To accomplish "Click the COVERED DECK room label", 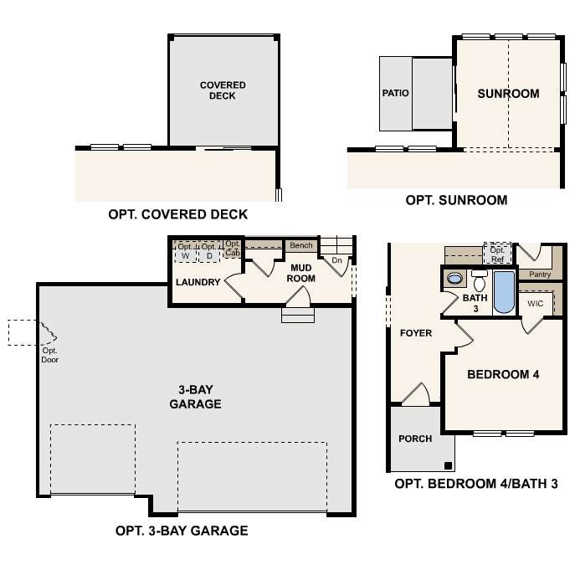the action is [223, 90].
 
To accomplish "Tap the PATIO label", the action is [395, 93].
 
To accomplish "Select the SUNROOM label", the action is [508, 94].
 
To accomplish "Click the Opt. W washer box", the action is [186, 251].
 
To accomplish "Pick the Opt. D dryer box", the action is [209, 251].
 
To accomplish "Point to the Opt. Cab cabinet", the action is [233, 249].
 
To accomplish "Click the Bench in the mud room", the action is [301, 245].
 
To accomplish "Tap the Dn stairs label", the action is [336, 260].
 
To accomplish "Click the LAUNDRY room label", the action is [198, 282].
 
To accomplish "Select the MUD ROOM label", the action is [301, 273].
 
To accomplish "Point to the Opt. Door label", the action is [50, 355].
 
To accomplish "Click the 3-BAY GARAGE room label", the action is [196, 397].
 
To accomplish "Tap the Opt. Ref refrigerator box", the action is [497, 253].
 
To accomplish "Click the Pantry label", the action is [540, 275].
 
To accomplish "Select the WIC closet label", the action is [535, 303].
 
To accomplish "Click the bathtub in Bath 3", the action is [504, 292].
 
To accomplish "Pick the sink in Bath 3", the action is [454, 279].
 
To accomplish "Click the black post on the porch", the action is [448, 465].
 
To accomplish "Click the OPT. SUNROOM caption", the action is [456, 200].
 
